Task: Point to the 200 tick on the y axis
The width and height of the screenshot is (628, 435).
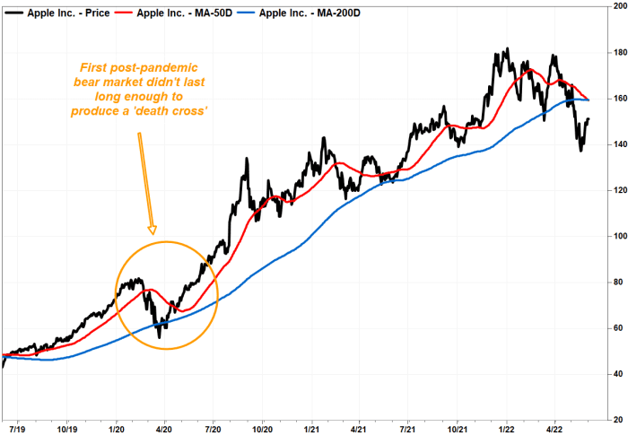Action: pos(615,7)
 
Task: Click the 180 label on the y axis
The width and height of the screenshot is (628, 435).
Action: pos(615,53)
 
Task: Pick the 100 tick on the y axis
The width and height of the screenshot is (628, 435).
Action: pos(615,237)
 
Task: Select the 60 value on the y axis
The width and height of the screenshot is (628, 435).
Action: pos(615,328)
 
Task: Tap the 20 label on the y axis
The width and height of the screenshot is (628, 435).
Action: pos(615,420)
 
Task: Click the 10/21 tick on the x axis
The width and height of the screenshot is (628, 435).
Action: pos(458,419)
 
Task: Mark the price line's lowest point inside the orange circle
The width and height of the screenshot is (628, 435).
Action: pos(160,337)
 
